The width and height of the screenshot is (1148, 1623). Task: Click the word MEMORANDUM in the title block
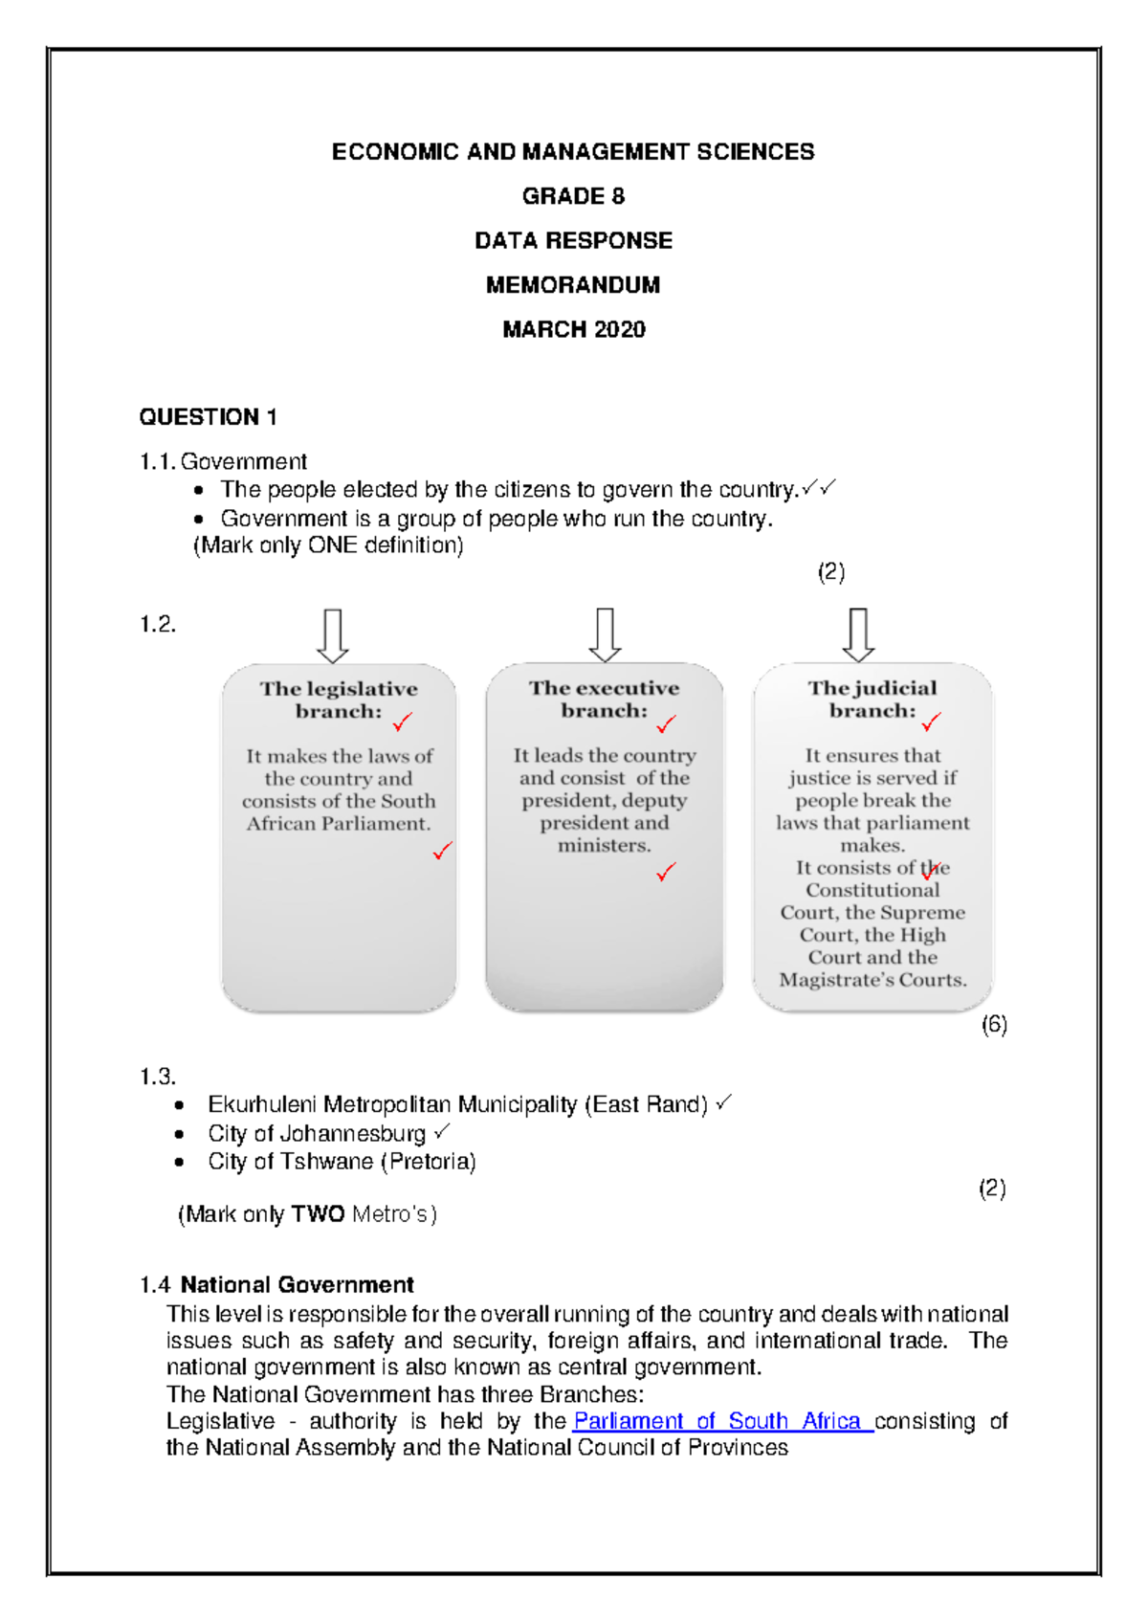point(573,285)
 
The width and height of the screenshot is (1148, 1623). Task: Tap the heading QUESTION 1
point(208,417)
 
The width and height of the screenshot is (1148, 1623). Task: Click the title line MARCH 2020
point(573,329)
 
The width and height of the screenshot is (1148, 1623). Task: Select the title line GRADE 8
point(573,196)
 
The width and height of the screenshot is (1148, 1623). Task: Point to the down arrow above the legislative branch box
point(332,635)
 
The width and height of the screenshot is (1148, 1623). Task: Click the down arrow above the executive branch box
point(605,634)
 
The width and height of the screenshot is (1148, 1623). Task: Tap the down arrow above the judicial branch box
point(858,634)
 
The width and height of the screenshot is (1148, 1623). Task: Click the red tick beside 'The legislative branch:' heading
point(402,722)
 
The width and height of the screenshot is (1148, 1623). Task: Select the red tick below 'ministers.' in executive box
point(666,872)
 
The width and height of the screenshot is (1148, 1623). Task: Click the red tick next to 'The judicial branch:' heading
point(931,722)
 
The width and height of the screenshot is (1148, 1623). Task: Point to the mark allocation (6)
point(994,1025)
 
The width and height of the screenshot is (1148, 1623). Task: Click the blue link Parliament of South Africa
point(722,1421)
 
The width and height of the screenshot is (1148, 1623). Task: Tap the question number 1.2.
point(158,625)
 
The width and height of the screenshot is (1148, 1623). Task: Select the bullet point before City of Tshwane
point(179,1163)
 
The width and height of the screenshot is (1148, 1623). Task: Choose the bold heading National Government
point(297,1284)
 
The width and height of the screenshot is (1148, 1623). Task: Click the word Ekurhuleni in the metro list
point(262,1105)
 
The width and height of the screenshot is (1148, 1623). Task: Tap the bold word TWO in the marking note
point(318,1214)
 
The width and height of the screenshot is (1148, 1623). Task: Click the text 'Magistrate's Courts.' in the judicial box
point(872,980)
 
